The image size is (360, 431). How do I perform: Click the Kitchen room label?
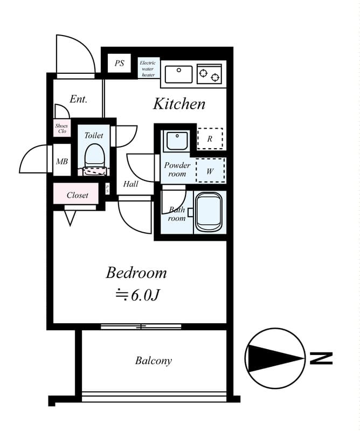pos(179,104)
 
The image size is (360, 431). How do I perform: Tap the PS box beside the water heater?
pos(119,64)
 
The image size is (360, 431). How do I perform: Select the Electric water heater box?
pos(148,69)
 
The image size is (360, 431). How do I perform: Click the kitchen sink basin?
pos(179,74)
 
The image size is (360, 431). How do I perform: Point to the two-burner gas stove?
pos(210,74)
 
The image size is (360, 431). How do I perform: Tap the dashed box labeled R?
pos(210,138)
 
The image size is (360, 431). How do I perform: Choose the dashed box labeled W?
pos(210,171)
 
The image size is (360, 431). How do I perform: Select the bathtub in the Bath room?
pos(209,212)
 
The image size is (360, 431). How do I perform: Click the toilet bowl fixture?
pos(94,155)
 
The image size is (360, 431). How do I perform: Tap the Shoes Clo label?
pos(61,128)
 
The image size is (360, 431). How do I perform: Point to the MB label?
pos(61,161)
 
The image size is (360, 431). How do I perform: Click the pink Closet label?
pos(78,195)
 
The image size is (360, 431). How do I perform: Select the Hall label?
pos(130,184)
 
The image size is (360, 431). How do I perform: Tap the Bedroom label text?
pos(136,273)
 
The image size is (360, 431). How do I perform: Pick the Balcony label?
pos(154,360)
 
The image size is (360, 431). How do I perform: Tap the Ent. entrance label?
pos(78,99)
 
